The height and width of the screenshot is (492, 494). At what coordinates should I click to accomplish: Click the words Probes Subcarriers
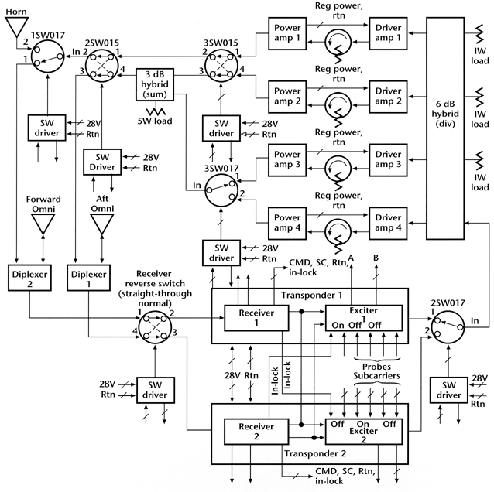pos(360,370)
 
